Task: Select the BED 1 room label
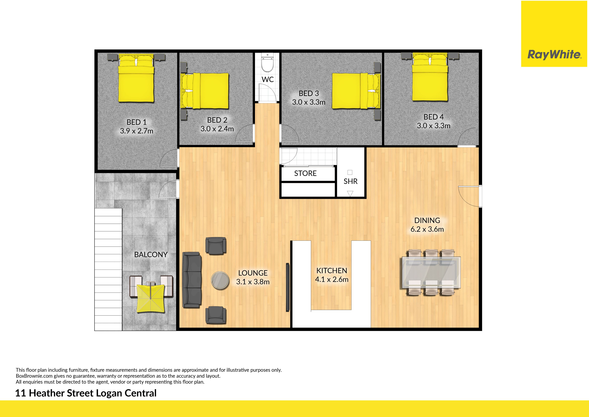[x=137, y=122]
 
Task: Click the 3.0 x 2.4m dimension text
[x=217, y=129]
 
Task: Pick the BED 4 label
[x=433, y=117]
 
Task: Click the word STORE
[x=305, y=173]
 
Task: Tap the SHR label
[x=350, y=181]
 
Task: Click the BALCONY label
[x=151, y=255]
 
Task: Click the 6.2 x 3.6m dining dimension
[x=427, y=229]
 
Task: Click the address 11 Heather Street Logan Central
[x=86, y=393]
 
